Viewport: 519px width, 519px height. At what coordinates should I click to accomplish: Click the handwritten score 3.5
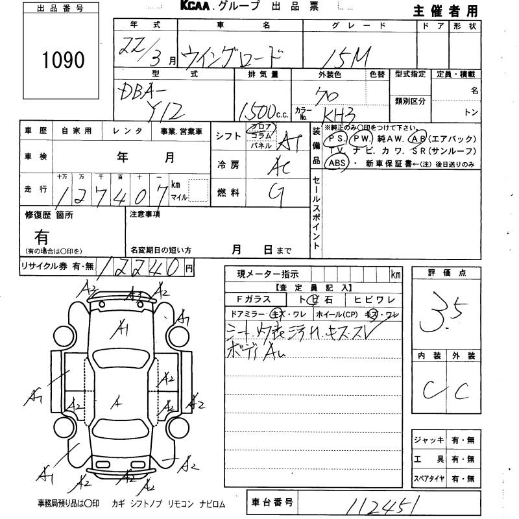(x=446, y=311)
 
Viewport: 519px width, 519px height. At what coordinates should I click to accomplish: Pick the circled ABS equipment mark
(x=337, y=163)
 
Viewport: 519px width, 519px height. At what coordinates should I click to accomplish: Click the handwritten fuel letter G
(x=276, y=192)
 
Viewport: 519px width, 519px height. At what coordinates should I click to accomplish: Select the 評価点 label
(x=447, y=273)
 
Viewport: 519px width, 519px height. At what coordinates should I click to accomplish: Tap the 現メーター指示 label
(x=267, y=274)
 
